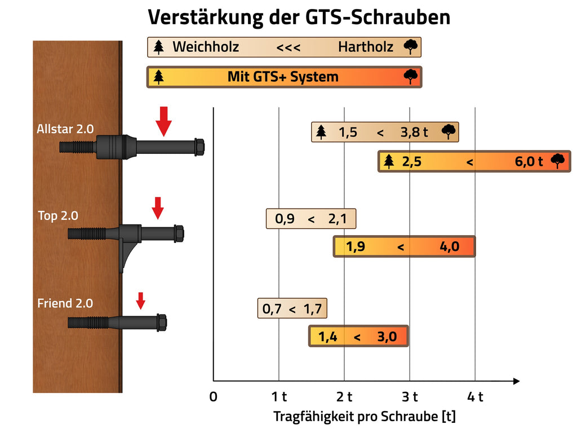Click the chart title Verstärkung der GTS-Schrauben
299,17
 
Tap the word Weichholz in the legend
205,47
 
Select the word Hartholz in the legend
365,47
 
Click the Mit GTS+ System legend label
283,77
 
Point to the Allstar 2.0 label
65,129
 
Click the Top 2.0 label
58,215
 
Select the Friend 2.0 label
65,303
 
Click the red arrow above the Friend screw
141,301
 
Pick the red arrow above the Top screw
158,208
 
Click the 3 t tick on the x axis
410,396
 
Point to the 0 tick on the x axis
213,396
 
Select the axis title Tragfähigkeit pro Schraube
365,417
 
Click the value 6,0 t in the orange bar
529,162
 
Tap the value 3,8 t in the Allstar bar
414,132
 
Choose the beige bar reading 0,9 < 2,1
311,219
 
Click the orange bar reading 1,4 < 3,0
358,337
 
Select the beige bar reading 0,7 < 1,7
292,309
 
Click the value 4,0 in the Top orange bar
449,246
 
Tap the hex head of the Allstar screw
199,147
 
